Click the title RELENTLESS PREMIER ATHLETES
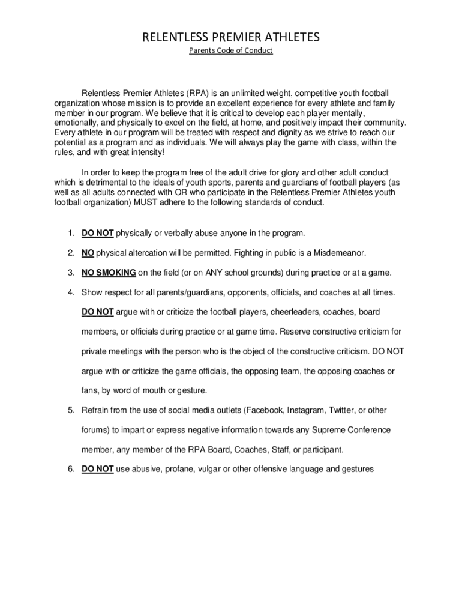click(x=231, y=38)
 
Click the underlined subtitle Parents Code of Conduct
click(x=231, y=50)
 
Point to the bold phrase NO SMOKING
click(x=109, y=272)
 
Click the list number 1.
click(x=70, y=232)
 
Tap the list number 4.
click(x=70, y=292)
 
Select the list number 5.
click(x=70, y=410)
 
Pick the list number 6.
click(x=70, y=469)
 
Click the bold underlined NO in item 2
click(x=88, y=252)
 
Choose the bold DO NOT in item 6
click(x=98, y=469)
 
